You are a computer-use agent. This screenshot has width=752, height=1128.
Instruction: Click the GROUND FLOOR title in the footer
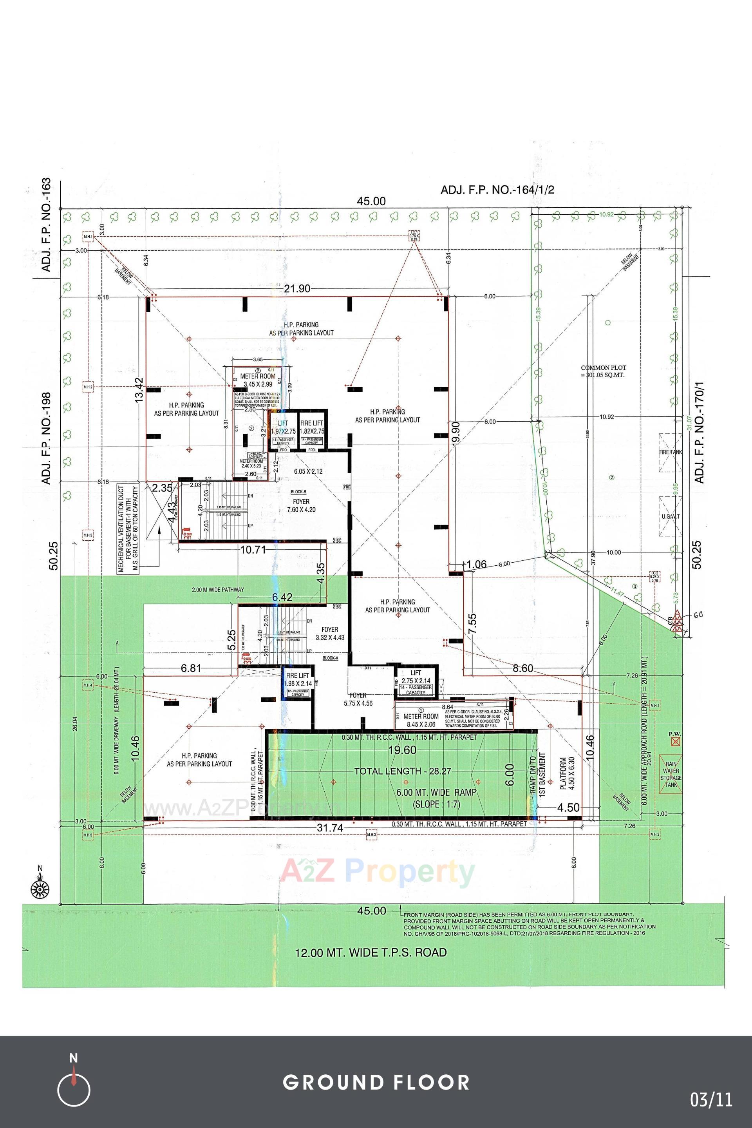pyautogui.click(x=376, y=1082)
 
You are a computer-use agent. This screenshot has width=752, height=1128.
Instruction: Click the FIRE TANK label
pyautogui.click(x=671, y=452)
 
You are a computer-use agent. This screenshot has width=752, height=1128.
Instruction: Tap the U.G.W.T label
pyautogui.click(x=671, y=516)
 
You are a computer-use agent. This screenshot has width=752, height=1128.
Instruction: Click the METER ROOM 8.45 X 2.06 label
pyautogui.click(x=421, y=720)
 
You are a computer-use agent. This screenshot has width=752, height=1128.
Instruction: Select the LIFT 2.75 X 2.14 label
pyautogui.click(x=415, y=677)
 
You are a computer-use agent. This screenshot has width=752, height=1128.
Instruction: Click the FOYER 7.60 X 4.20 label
pyautogui.click(x=301, y=506)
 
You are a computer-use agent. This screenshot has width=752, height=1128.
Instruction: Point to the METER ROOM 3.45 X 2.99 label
pyautogui.click(x=258, y=380)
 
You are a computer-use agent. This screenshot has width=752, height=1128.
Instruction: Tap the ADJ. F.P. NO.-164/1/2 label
pyautogui.click(x=497, y=190)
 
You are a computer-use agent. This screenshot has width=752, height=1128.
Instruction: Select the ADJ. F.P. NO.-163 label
pyautogui.click(x=47, y=226)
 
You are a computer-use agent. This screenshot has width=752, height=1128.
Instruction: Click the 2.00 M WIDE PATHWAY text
pyautogui.click(x=218, y=590)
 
